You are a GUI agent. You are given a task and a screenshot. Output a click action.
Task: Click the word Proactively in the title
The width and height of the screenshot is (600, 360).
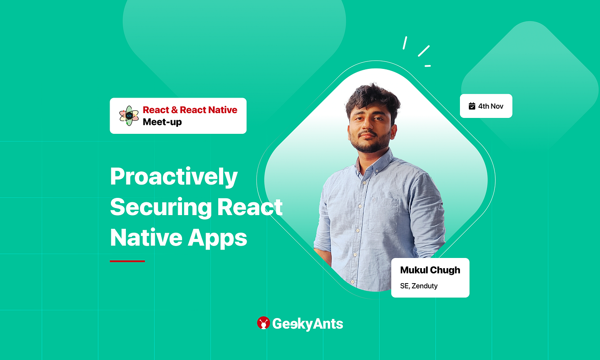pos(174,177)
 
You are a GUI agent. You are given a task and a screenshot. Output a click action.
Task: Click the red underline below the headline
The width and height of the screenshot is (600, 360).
pos(127,261)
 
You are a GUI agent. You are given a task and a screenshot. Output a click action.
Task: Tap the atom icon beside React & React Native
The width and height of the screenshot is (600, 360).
pos(129,116)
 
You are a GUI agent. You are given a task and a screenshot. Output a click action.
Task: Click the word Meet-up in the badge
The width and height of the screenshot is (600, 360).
pos(162,122)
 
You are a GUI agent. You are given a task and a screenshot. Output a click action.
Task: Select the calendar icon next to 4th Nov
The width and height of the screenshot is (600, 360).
pos(472,106)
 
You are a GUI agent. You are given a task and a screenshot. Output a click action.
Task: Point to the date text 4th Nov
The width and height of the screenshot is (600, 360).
pos(490,106)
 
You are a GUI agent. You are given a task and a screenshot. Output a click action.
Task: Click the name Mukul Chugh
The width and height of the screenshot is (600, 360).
pos(430,270)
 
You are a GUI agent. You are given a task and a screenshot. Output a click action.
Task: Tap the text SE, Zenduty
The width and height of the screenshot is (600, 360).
pos(419,286)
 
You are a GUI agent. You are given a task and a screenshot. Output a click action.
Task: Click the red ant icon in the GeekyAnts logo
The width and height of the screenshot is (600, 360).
pos(263,323)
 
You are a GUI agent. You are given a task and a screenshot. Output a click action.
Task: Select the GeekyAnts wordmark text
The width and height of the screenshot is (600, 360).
pos(308,324)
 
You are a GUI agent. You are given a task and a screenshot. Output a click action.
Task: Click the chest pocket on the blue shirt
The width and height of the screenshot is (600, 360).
pos(383,215)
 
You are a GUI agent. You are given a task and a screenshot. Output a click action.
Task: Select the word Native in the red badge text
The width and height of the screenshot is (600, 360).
pos(221,110)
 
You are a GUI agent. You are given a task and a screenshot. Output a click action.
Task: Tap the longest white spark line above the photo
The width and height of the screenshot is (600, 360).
pos(424,51)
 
